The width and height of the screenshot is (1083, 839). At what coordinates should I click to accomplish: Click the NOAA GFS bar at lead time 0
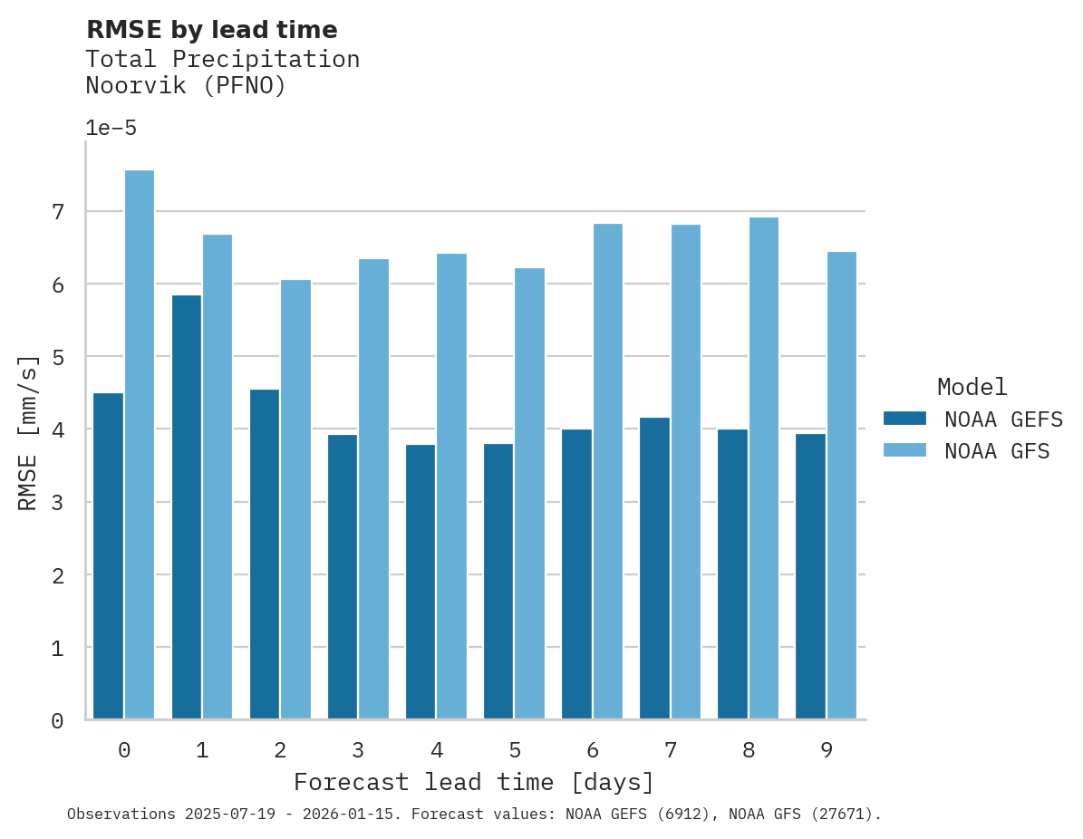tap(140, 445)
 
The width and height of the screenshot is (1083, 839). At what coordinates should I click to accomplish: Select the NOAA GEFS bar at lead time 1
tap(187, 507)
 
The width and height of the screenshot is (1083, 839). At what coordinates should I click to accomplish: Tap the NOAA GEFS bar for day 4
tap(421, 582)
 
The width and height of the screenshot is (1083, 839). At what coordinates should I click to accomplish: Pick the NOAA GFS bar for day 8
tap(763, 468)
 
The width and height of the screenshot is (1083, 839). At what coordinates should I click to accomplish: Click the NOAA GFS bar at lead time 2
tap(295, 499)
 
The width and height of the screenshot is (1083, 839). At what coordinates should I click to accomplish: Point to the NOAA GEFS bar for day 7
tap(654, 568)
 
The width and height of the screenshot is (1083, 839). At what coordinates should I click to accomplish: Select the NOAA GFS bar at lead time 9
tap(841, 486)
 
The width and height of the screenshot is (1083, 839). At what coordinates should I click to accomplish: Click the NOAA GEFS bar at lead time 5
tap(498, 582)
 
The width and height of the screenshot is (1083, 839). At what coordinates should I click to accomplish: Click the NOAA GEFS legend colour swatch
tap(904, 419)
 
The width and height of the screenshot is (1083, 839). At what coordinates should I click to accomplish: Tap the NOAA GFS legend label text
tap(997, 451)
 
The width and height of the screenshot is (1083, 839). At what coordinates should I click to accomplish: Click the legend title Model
tap(972, 388)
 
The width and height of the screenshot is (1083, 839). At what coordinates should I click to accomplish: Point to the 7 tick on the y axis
tap(58, 212)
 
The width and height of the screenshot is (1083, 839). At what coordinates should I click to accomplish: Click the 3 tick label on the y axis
tap(58, 503)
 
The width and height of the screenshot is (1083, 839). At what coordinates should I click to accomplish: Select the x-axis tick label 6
tap(593, 751)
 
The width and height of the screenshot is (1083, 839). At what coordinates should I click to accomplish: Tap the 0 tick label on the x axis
tap(124, 751)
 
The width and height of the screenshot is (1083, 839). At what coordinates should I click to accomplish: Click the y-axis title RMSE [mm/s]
tap(29, 432)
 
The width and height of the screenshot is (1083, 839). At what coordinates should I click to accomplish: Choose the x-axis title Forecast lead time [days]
tap(474, 782)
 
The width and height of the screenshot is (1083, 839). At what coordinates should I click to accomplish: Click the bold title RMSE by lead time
tap(211, 30)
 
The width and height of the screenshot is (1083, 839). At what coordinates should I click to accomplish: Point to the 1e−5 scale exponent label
tap(111, 129)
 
